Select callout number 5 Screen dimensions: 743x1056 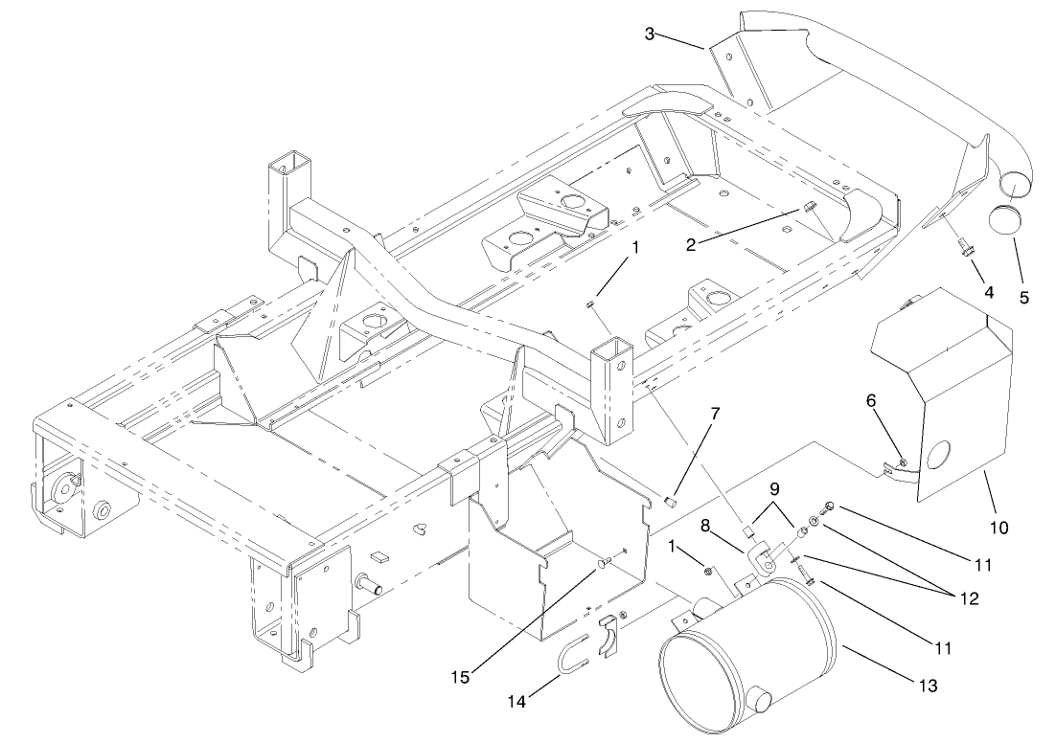pos(1024,297)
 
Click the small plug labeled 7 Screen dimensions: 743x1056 pos(671,501)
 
